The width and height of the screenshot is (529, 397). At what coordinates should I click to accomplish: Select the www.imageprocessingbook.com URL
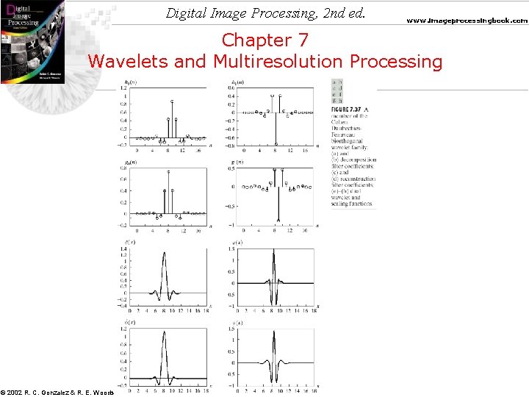468,21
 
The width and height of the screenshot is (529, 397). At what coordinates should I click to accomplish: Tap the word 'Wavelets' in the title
129,61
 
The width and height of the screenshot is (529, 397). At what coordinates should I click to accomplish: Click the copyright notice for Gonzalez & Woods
57,392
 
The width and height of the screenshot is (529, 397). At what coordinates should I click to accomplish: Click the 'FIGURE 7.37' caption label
346,110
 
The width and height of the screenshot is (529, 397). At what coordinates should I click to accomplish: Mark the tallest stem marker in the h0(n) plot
172,101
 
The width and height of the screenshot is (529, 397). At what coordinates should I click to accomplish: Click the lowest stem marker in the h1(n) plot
276,144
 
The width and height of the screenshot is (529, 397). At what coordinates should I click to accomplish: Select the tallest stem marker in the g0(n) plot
168,172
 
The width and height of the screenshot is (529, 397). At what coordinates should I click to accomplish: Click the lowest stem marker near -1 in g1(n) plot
278,219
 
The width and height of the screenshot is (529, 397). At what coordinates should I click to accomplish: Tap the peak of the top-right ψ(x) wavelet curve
274,251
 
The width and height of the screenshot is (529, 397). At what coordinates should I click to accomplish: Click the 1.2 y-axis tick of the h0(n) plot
124,87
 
